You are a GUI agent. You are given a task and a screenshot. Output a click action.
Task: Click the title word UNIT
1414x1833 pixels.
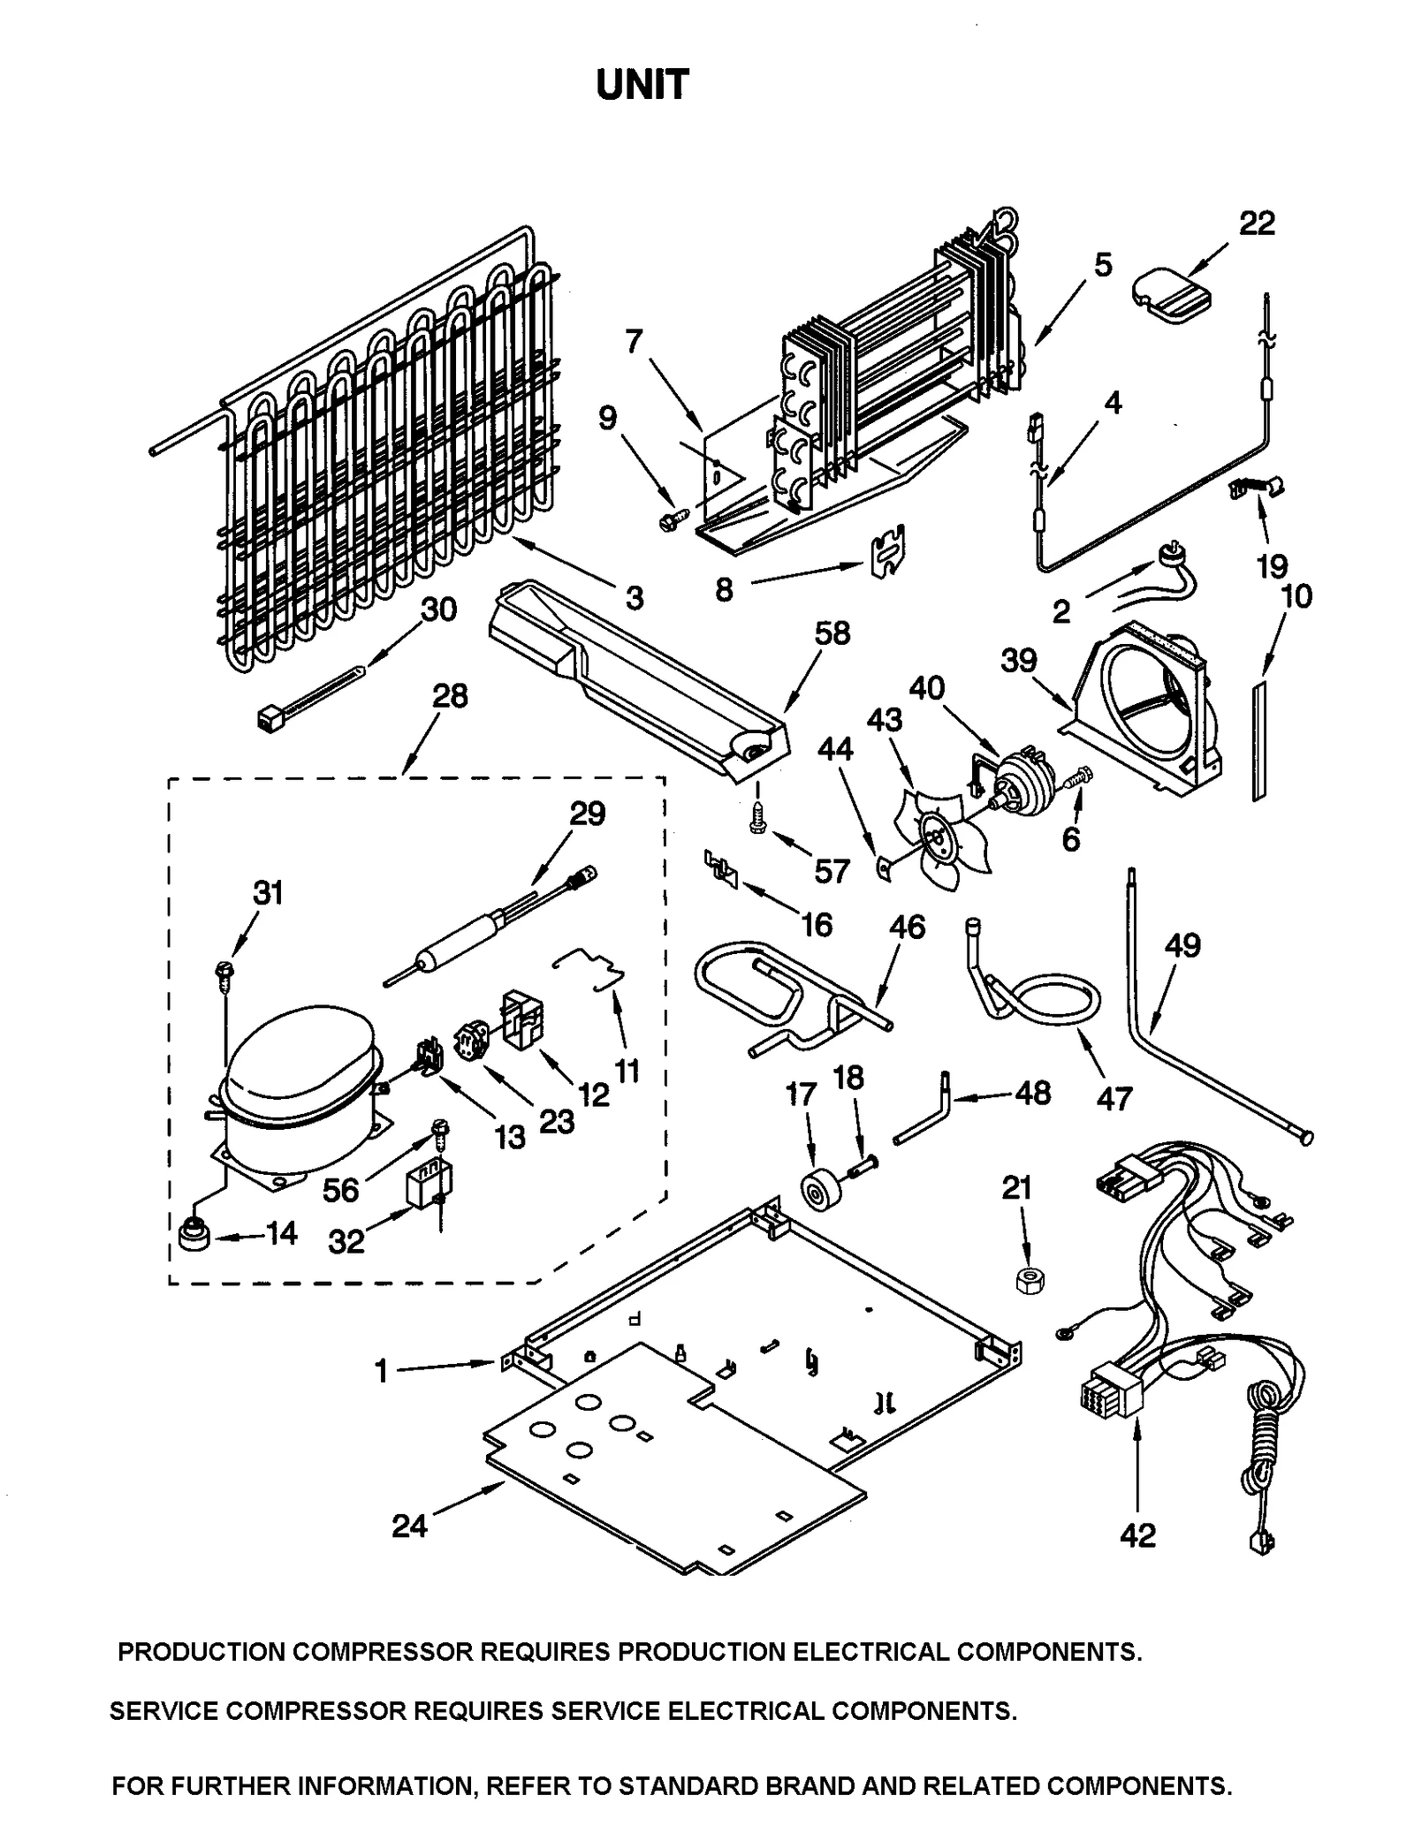tap(642, 86)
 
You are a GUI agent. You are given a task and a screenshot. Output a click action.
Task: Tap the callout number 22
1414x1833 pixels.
tap(1256, 223)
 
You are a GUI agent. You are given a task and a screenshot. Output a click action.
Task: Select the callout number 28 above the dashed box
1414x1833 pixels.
tap(450, 696)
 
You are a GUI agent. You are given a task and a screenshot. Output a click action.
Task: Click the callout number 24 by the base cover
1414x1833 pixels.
tap(410, 1525)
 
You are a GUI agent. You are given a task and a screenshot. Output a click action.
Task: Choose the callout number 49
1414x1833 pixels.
tap(1182, 945)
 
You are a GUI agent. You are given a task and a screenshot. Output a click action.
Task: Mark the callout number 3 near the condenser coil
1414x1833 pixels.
tap(635, 598)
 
